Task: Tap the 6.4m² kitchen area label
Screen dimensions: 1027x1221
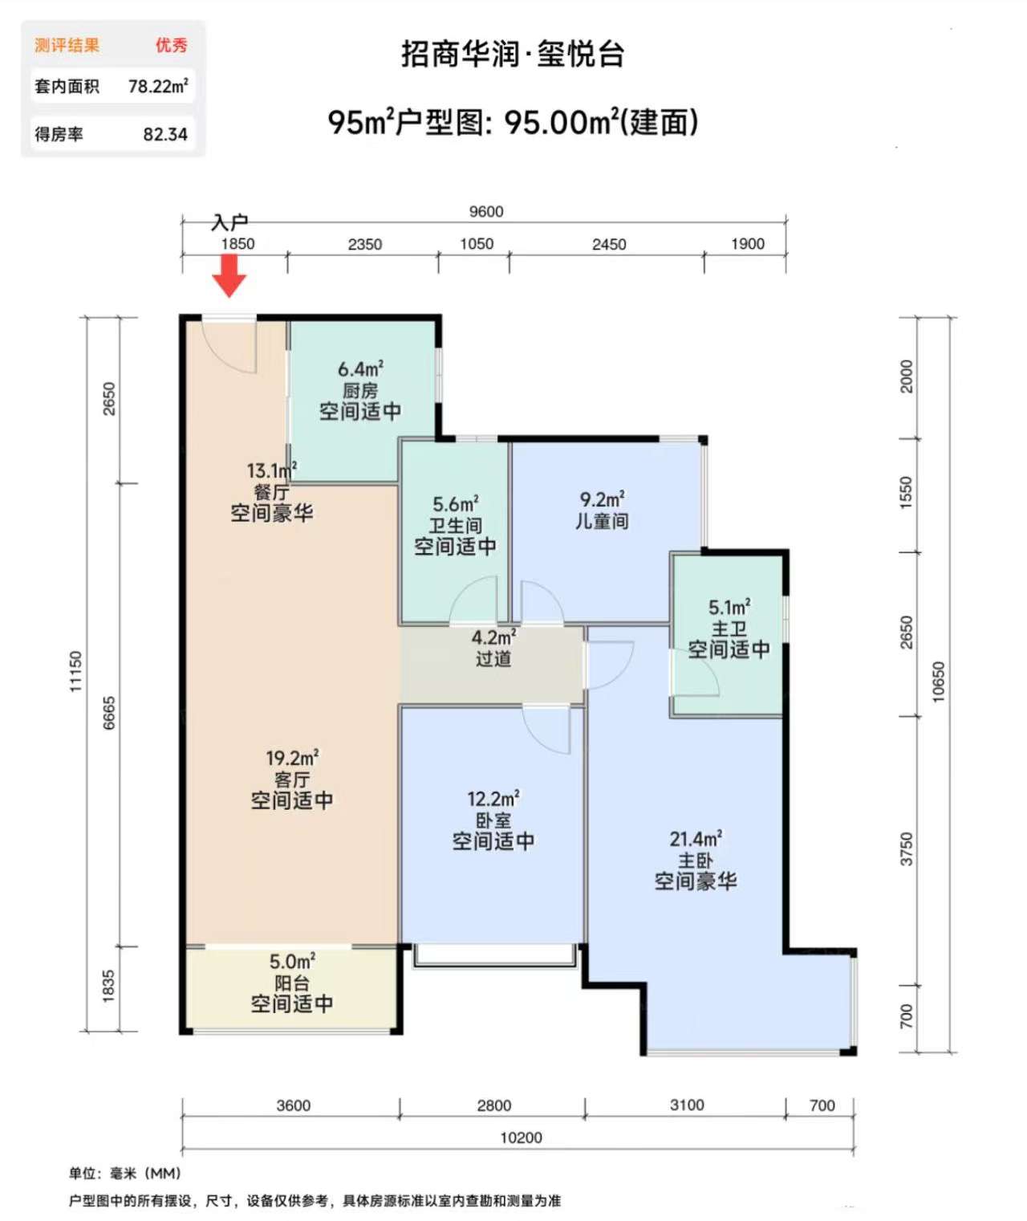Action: tap(360, 369)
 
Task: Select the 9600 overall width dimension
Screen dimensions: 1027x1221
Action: tap(485, 211)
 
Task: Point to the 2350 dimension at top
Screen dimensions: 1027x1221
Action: tap(365, 244)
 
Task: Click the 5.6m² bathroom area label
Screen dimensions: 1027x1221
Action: tap(456, 503)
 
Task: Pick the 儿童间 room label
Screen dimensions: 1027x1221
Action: tap(602, 520)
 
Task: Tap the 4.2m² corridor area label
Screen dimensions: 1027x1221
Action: tap(494, 637)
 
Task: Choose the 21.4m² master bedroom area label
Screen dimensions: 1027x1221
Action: tap(696, 839)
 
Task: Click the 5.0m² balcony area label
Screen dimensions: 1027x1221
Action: tap(292, 962)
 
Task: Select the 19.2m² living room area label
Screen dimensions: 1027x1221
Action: tap(292, 759)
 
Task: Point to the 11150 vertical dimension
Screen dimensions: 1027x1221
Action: tap(76, 671)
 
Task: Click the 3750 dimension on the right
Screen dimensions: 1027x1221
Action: tap(905, 849)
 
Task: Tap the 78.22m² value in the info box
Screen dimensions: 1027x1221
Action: tap(158, 87)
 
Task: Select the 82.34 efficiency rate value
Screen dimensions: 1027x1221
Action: tap(165, 135)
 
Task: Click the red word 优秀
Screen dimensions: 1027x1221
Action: tap(171, 45)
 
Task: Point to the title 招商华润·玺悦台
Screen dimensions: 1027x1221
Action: tap(513, 55)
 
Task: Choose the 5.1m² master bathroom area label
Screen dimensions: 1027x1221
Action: tap(729, 607)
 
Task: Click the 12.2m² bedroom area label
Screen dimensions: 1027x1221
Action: tap(493, 798)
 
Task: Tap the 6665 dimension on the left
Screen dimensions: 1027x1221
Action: tap(109, 713)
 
